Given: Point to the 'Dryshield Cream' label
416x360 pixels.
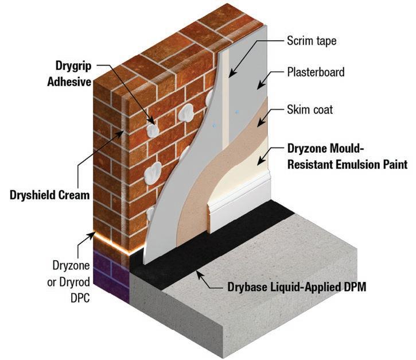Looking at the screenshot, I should tap(49, 195).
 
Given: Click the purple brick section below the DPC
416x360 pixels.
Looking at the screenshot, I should tap(109, 270).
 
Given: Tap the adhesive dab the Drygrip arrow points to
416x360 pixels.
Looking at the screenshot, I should tap(152, 130).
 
